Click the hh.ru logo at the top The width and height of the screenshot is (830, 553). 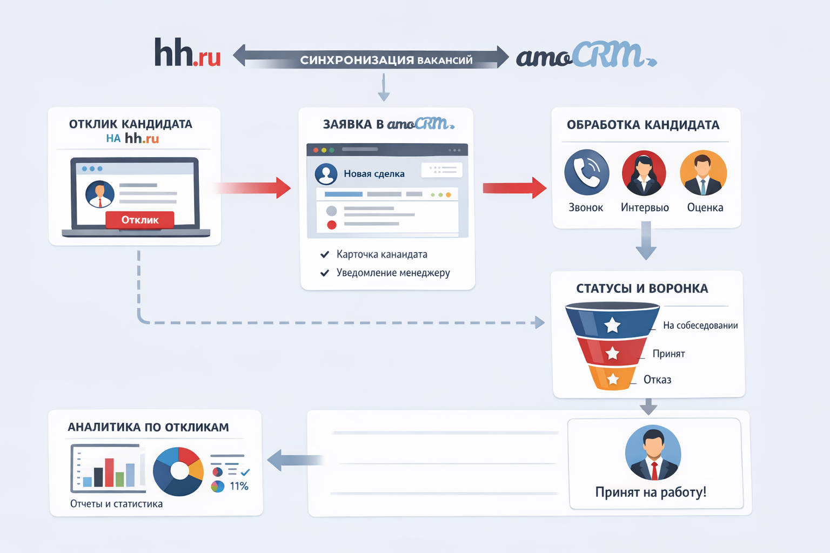pyautogui.click(x=188, y=53)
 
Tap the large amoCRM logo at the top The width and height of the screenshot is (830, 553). pyautogui.click(x=586, y=55)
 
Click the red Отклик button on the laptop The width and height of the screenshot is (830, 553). pyautogui.click(x=140, y=220)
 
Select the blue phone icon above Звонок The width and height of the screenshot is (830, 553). pyautogui.click(x=586, y=172)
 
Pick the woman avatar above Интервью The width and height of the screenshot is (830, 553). pyautogui.click(x=644, y=173)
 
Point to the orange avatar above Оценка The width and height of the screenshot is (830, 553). pyautogui.click(x=703, y=173)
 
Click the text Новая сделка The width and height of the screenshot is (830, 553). pyautogui.click(x=374, y=174)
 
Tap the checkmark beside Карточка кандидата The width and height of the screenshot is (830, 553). pyautogui.click(x=325, y=254)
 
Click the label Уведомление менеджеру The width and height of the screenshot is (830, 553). pyautogui.click(x=393, y=273)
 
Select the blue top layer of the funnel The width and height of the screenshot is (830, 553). pyautogui.click(x=612, y=322)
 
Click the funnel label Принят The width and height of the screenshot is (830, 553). pyautogui.click(x=668, y=354)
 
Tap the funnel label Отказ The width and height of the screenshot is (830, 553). pyautogui.click(x=657, y=380)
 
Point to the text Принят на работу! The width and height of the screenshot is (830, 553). pyautogui.click(x=651, y=492)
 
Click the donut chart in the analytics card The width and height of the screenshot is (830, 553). pyautogui.click(x=178, y=471)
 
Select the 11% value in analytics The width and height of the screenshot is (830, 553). pyautogui.click(x=239, y=486)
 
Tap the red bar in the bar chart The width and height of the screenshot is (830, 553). pyautogui.click(x=109, y=472)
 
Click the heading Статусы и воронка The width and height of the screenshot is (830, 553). pyautogui.click(x=642, y=288)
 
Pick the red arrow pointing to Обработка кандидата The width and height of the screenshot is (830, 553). pyautogui.click(x=514, y=188)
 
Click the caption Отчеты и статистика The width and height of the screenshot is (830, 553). pyautogui.click(x=116, y=504)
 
